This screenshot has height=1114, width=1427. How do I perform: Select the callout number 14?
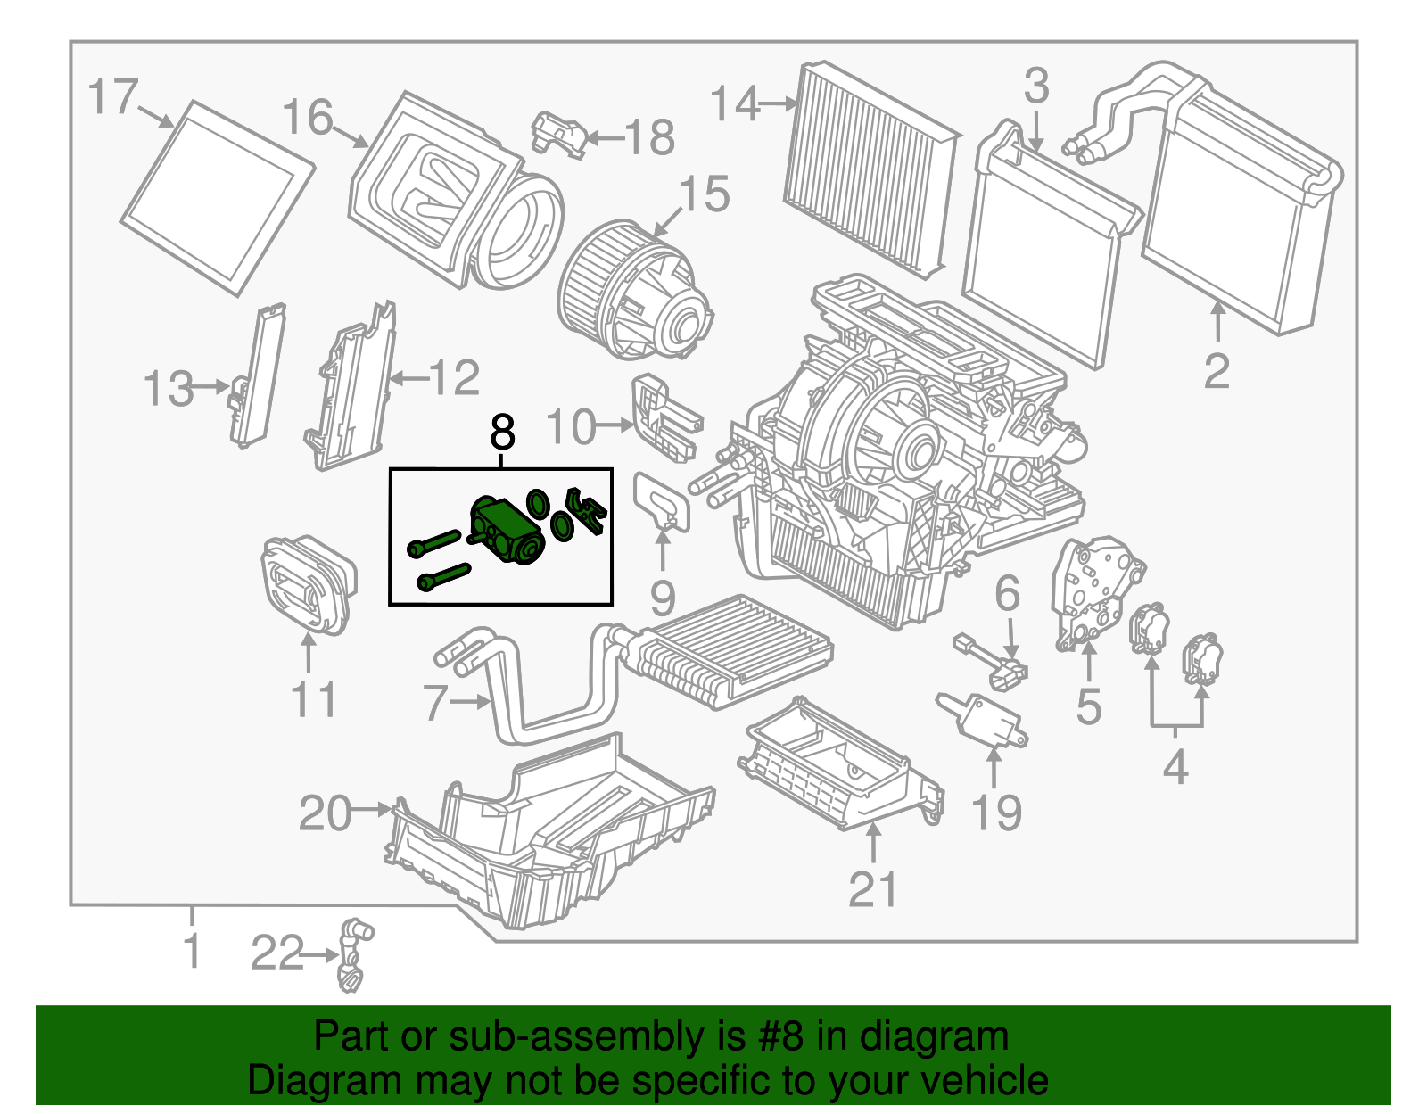[734, 104]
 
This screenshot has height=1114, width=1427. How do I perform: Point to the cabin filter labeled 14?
[870, 169]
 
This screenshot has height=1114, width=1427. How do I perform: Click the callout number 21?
[872, 889]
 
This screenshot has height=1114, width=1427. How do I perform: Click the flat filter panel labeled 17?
[217, 198]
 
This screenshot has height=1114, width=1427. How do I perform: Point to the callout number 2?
[1217, 371]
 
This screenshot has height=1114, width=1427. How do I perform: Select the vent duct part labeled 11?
[308, 584]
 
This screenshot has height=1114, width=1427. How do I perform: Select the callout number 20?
[325, 813]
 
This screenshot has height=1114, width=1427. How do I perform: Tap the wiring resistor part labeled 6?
[990, 660]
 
